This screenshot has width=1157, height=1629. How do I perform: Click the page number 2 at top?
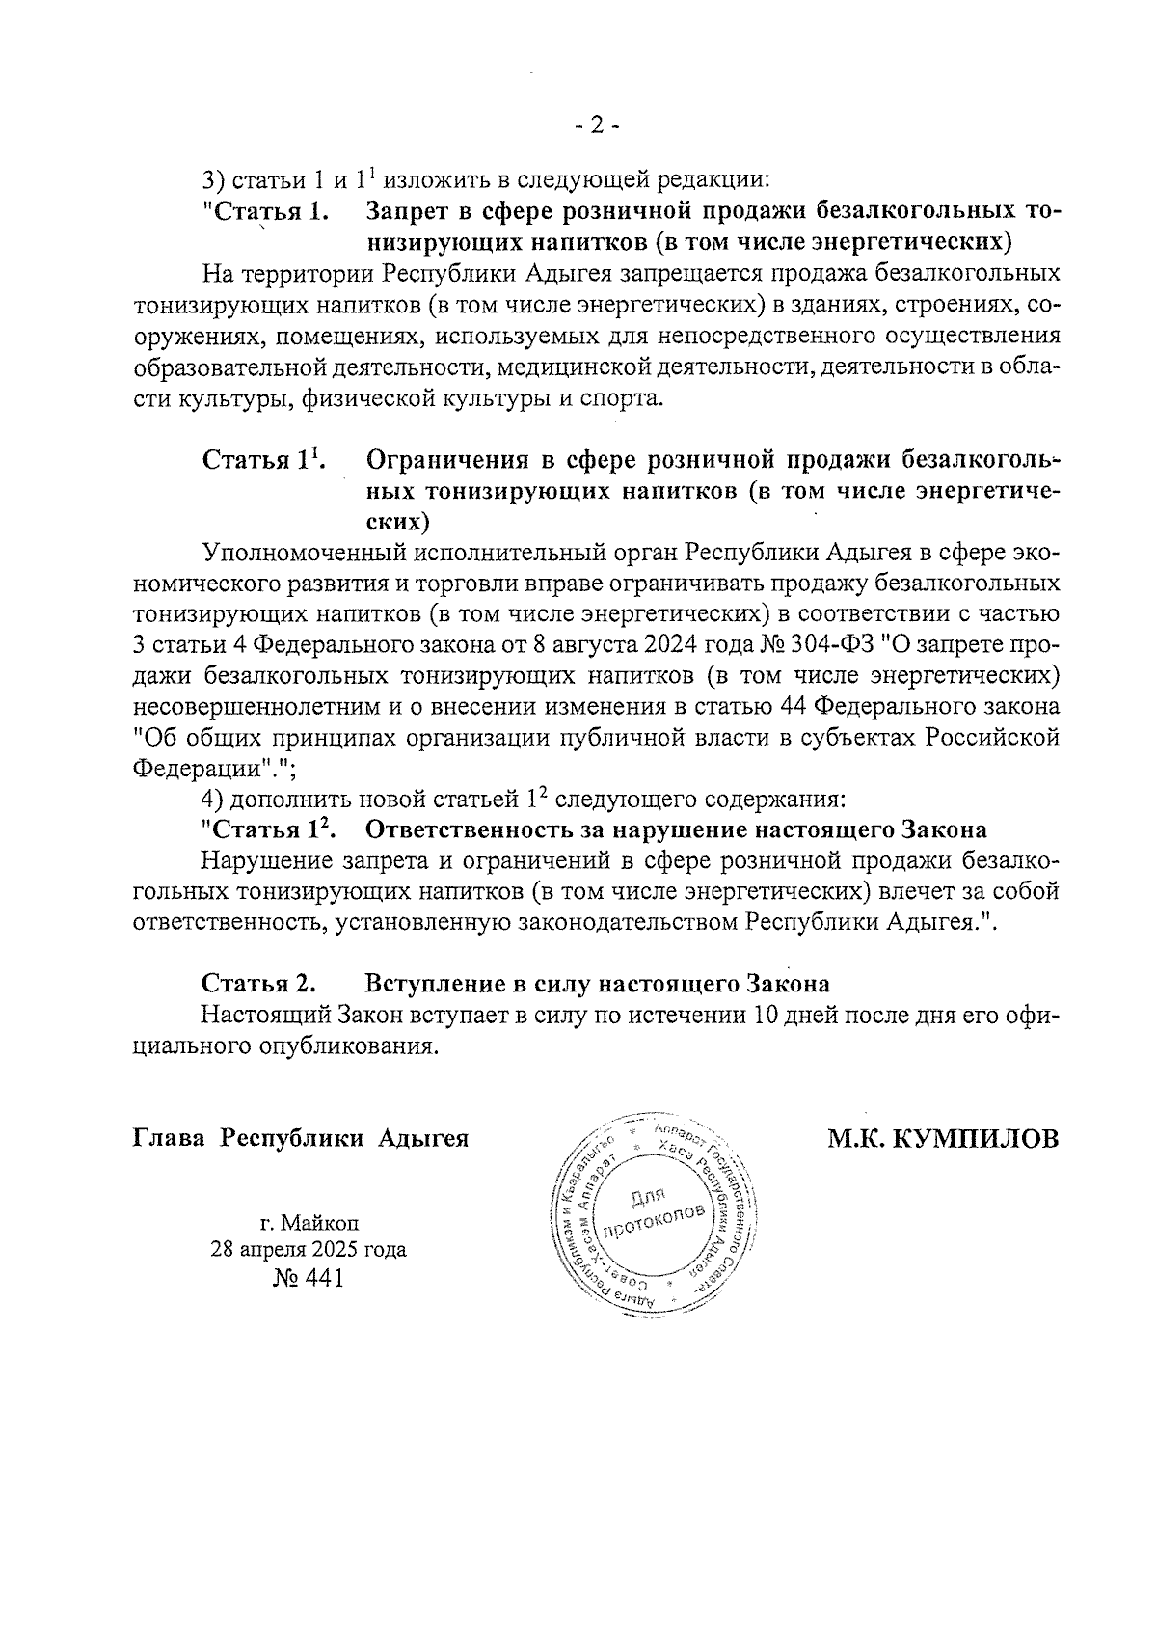pyautogui.click(x=596, y=125)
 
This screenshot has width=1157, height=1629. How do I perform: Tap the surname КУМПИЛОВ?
pyautogui.click(x=977, y=1139)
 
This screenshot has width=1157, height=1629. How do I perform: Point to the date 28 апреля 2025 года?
pyautogui.click(x=309, y=1250)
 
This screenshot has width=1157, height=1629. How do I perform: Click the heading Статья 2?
pyautogui.click(x=259, y=985)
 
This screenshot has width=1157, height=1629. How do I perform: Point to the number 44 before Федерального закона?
pyautogui.click(x=793, y=707)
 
